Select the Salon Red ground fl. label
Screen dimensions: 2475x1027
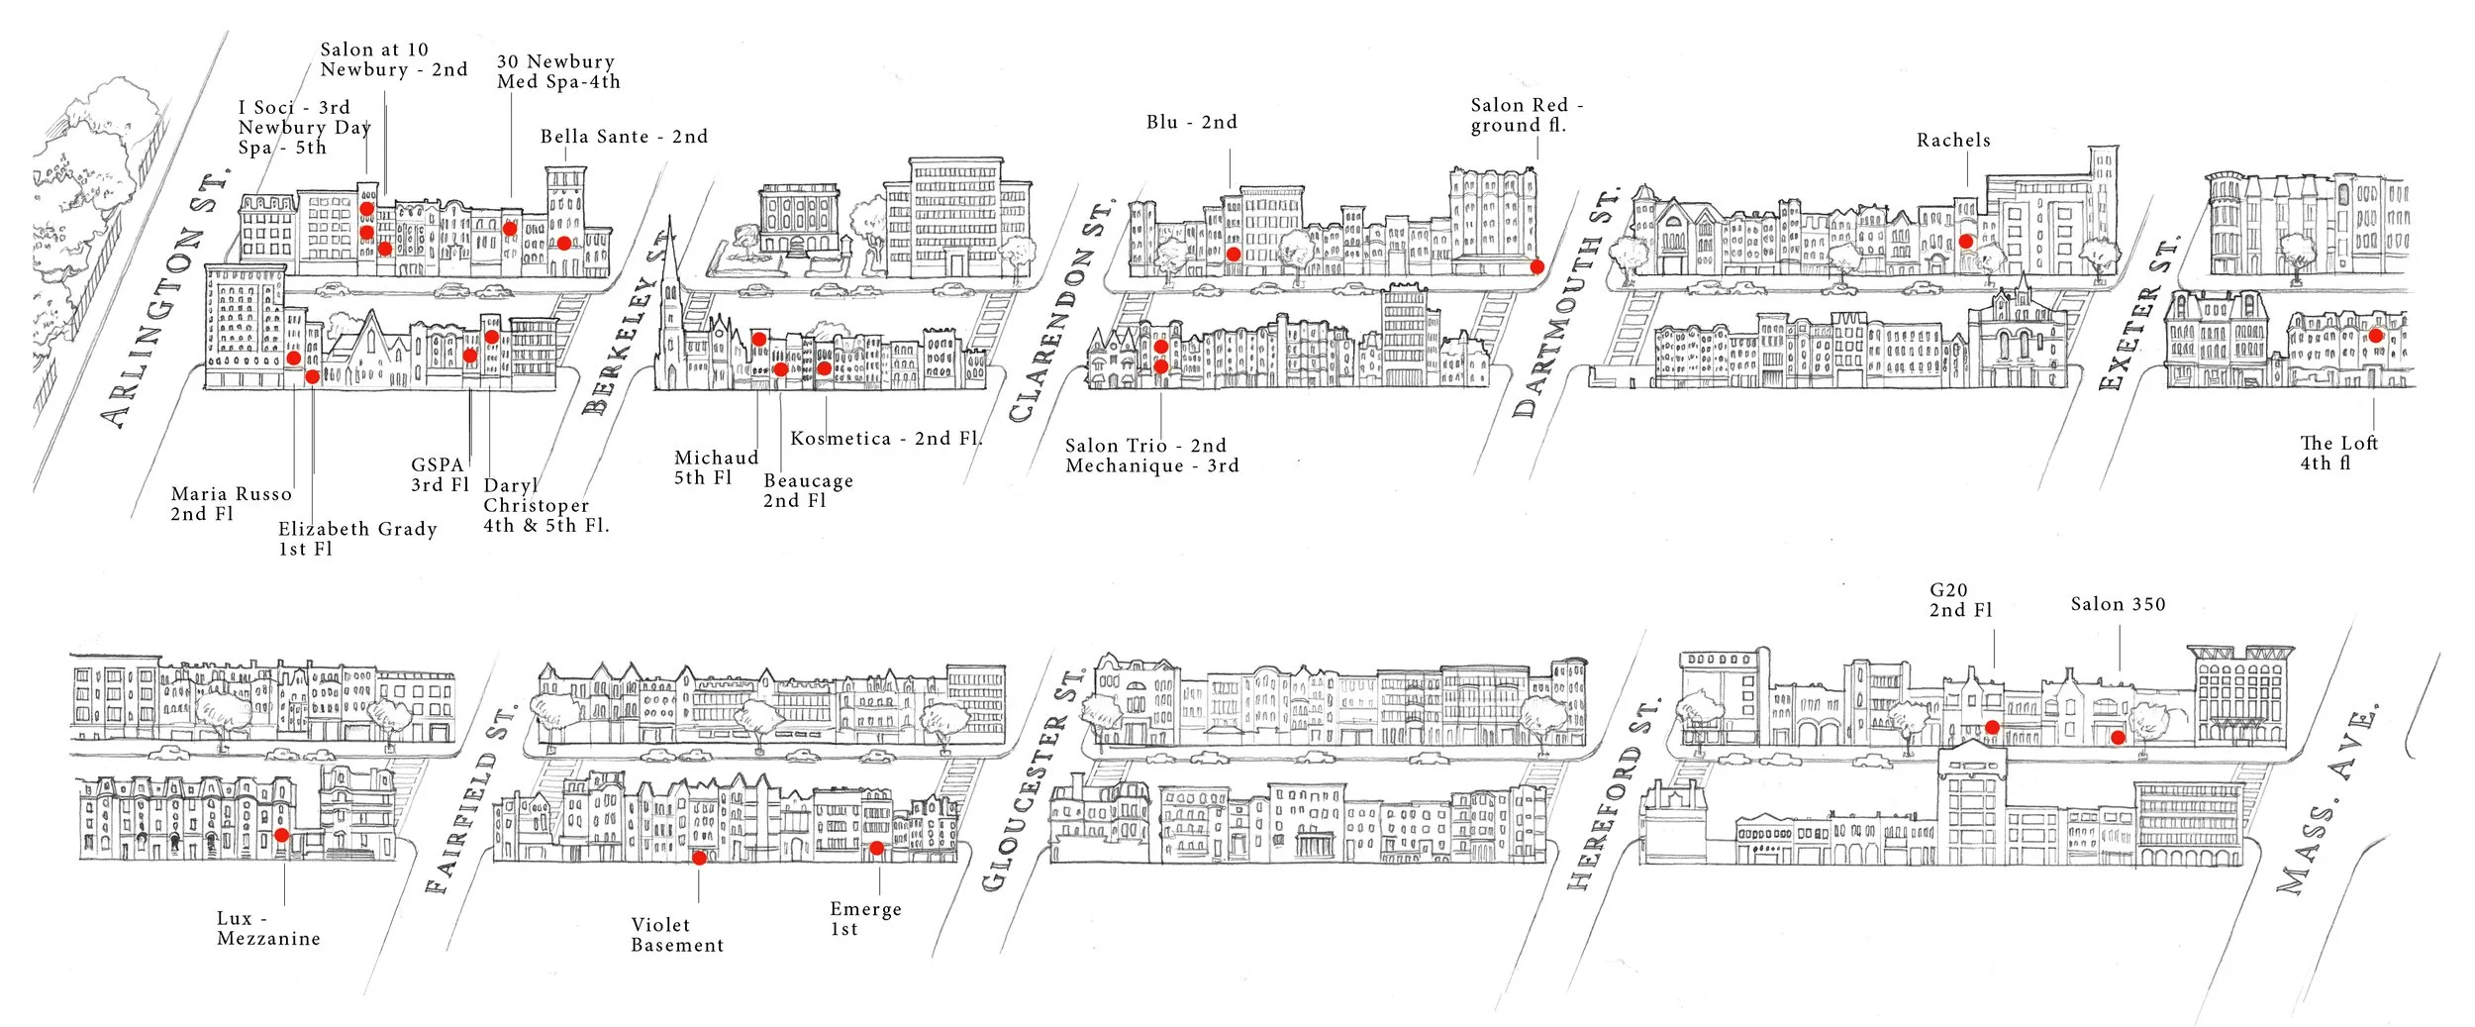tap(1525, 115)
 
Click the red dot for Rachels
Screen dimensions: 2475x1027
tap(1966, 241)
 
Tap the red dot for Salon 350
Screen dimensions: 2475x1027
tap(2118, 737)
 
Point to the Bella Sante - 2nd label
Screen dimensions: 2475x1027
tap(624, 137)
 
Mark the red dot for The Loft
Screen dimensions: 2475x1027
tap(2375, 336)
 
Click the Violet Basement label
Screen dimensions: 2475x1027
tap(677, 935)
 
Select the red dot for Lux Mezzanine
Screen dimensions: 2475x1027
tap(281, 835)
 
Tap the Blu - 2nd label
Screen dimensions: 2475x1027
tap(1192, 122)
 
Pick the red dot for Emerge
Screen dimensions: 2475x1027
tap(876, 848)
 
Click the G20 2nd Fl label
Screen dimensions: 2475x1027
tap(1960, 600)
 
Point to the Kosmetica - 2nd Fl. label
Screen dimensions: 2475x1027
tap(886, 438)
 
